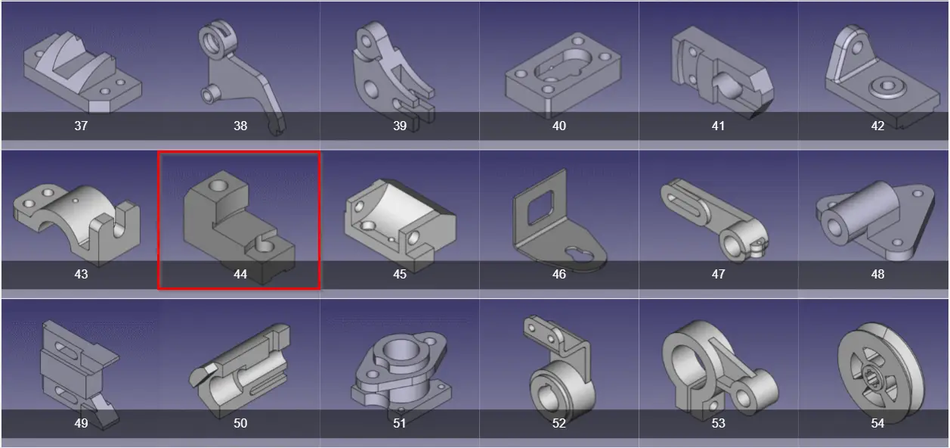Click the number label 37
(81, 126)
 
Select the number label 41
(718, 126)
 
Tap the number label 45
(400, 274)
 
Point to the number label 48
(877, 274)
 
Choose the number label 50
(240, 423)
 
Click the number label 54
(877, 423)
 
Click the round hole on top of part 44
(218, 185)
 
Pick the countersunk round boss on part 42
(887, 88)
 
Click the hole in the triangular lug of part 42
(857, 47)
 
